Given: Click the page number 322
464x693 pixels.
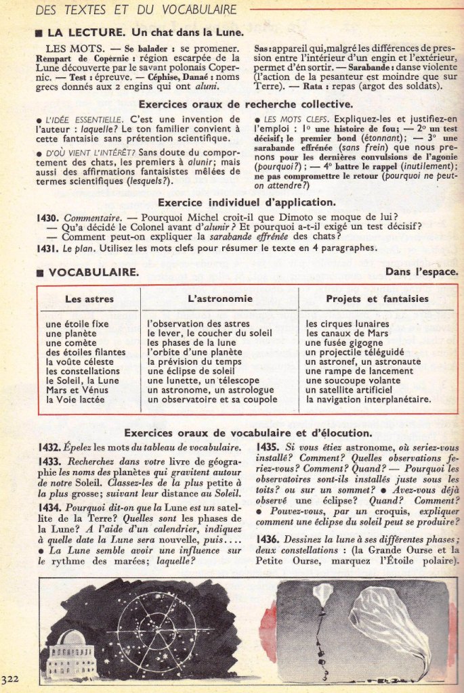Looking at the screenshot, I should [x=9, y=679].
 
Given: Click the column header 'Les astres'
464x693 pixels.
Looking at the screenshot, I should [x=89, y=298].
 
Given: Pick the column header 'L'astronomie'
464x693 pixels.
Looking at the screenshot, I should [x=219, y=298].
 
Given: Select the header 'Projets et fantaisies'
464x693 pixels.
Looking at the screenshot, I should [x=377, y=298].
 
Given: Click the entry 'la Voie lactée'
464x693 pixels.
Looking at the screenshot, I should [x=76, y=400].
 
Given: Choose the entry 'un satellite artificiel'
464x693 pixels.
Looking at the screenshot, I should [x=349, y=390].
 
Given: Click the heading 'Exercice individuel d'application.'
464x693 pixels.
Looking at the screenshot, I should [x=246, y=202].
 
